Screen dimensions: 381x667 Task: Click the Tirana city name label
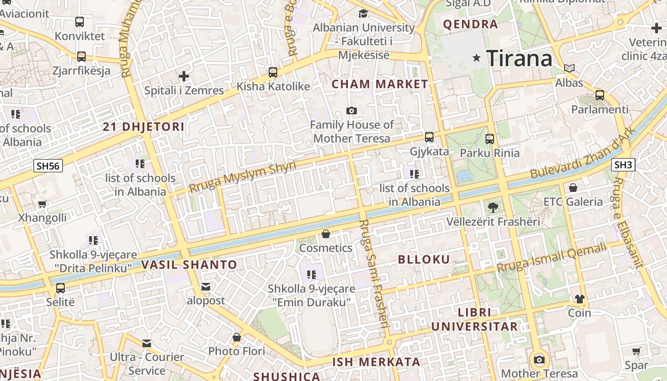519,59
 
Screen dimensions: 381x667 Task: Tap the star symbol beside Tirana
476,58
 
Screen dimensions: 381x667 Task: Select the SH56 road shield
48,166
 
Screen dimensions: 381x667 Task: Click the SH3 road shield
623,165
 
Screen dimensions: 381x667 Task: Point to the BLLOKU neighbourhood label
424,260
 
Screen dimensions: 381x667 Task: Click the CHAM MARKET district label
380,84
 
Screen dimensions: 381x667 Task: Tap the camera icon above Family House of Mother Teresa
352,110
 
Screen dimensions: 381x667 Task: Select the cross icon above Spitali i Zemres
184,76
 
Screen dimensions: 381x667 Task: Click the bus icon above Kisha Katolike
273,72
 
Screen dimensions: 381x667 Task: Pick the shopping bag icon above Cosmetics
326,234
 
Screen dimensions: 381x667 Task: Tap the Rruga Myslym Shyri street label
243,176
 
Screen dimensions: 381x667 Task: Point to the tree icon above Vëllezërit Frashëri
493,207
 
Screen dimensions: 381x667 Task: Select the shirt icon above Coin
579,299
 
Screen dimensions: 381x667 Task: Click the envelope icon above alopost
206,287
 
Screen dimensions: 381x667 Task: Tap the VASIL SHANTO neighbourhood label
189,265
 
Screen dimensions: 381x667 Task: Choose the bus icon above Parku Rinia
490,139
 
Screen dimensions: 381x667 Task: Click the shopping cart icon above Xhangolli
42,204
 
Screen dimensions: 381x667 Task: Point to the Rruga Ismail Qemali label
552,258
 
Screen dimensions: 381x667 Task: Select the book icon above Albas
569,68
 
